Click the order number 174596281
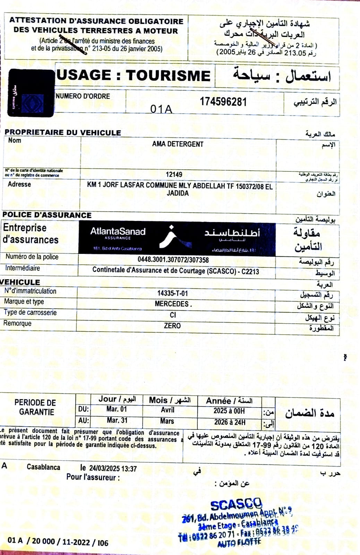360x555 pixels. (223, 102)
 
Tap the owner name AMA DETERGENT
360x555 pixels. (178, 144)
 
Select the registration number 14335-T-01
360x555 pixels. (172, 293)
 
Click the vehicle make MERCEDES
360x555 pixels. (172, 304)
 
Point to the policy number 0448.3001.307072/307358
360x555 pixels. (173, 260)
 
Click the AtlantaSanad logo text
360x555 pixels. (118, 232)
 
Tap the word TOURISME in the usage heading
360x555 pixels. (168, 76)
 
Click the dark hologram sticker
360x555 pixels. (31, 93)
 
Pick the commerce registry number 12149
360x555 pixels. (174, 174)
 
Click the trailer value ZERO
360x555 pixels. (172, 326)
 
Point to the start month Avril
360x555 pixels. (168, 410)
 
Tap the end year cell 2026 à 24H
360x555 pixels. (229, 422)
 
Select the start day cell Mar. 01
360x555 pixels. (117, 409)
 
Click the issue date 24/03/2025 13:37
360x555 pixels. (113, 469)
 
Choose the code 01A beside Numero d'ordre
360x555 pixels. (161, 109)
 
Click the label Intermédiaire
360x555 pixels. (23, 268)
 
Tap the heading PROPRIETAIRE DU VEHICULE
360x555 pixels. (63, 133)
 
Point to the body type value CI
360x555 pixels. (173, 315)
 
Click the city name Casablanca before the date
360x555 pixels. (43, 467)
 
